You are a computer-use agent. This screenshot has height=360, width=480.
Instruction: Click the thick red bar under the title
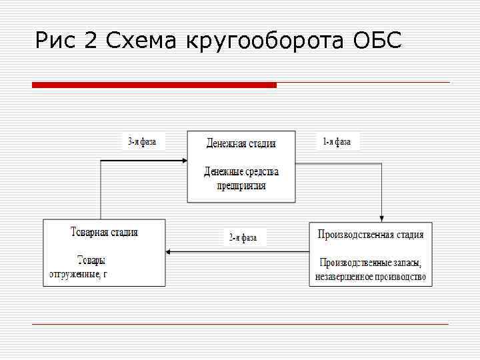[154, 85]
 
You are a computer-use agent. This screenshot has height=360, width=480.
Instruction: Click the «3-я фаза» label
[141, 141]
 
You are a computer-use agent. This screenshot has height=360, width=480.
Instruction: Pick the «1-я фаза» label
[336, 141]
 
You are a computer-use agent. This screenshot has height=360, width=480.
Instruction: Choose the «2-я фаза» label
[243, 237]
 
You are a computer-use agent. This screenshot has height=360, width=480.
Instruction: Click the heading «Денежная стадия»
[241, 143]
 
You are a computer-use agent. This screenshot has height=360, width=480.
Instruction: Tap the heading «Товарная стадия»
[104, 233]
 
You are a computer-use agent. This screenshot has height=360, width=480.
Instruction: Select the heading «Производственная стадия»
[370, 235]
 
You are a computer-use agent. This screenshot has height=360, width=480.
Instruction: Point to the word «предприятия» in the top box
[241, 185]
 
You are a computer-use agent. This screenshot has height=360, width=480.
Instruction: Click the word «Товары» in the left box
[91, 260]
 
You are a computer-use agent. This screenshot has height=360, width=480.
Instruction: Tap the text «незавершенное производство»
[370, 277]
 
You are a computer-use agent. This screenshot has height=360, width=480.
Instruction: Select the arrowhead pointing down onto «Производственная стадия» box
[381, 218]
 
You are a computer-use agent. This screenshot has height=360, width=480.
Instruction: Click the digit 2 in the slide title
[91, 41]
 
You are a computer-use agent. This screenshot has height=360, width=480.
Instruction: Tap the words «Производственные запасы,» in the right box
[370, 263]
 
